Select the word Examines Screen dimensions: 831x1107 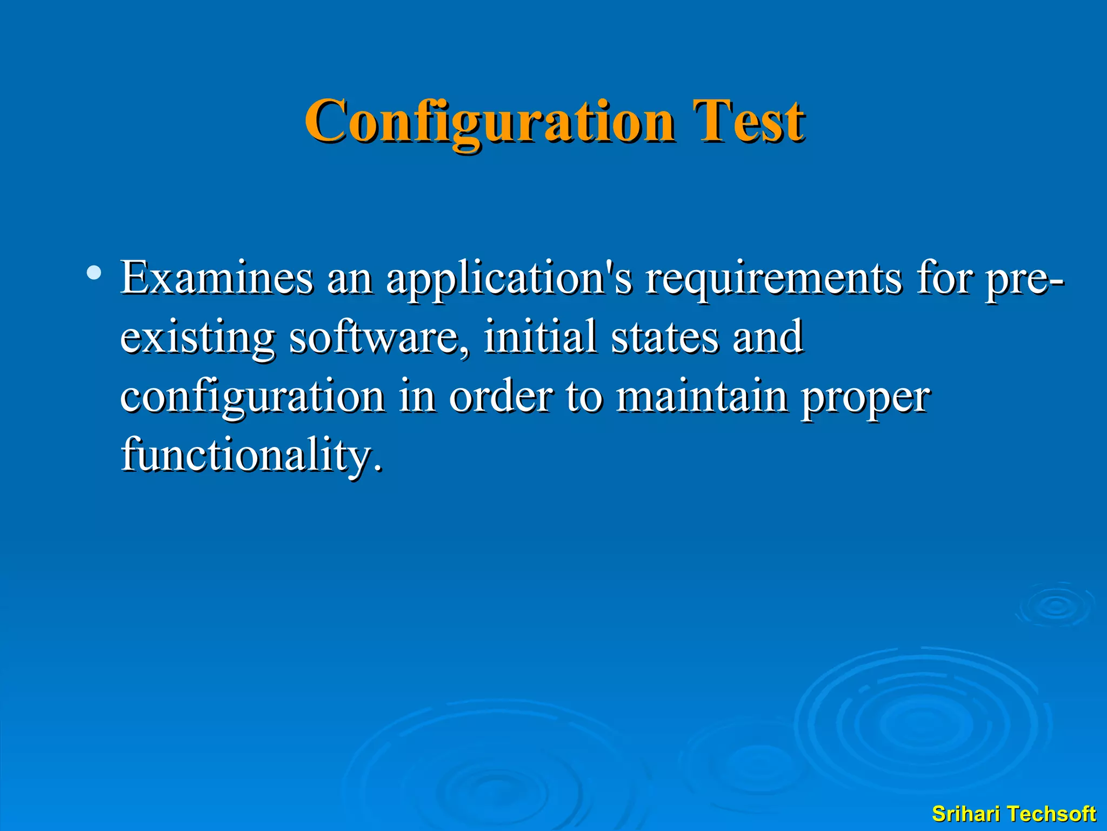pyautogui.click(x=216, y=278)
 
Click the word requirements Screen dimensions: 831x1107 pyautogui.click(x=773, y=279)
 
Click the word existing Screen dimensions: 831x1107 pyautogui.click(x=197, y=338)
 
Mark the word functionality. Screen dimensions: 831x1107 pyautogui.click(x=251, y=455)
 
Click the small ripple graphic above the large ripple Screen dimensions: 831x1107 pyautogui.click(x=1055, y=606)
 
